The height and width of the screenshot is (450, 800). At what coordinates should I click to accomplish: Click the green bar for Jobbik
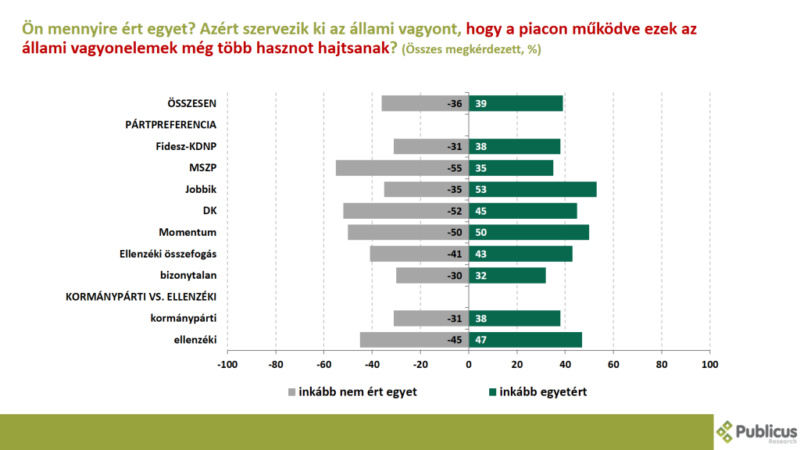532,189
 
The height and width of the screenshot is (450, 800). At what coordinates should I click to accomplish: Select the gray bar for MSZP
402,168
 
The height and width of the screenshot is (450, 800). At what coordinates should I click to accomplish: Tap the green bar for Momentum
529,232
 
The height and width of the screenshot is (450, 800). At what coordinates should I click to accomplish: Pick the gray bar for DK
405,211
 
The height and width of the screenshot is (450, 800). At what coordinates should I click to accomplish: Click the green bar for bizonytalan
507,275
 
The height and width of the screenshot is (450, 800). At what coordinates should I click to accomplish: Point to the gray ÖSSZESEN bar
425,103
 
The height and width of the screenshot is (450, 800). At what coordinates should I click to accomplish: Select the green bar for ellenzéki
525,340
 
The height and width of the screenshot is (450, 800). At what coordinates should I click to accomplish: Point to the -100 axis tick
227,364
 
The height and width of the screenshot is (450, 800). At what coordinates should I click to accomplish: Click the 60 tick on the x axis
613,364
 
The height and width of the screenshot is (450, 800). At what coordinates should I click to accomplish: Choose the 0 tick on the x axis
469,364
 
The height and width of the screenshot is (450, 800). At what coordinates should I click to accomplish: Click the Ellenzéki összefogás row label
168,254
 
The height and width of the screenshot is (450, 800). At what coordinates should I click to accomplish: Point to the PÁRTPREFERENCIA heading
171,124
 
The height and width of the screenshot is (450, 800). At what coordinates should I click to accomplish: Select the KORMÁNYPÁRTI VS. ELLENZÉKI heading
141,297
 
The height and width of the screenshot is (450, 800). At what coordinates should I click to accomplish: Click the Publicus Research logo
756,430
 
